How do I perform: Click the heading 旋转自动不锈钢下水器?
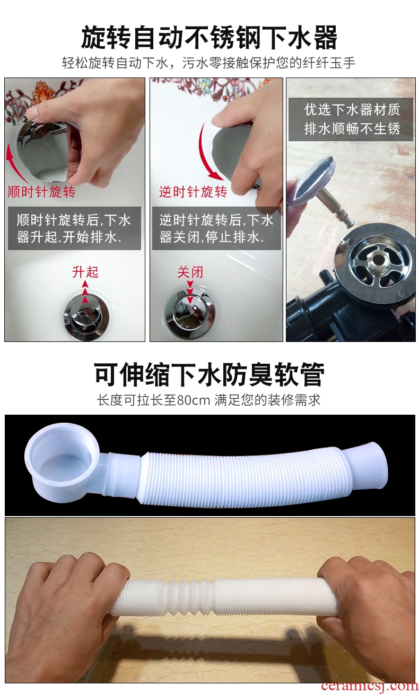click(x=209, y=38)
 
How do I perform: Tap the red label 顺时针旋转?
click(x=41, y=192)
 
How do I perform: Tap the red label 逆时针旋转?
click(x=193, y=192)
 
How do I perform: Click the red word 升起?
click(x=85, y=272)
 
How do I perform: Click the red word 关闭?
click(x=190, y=272)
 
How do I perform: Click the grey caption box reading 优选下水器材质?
click(x=351, y=119)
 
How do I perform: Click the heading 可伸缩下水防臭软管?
click(x=209, y=374)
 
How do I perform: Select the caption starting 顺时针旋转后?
click(x=74, y=228)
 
